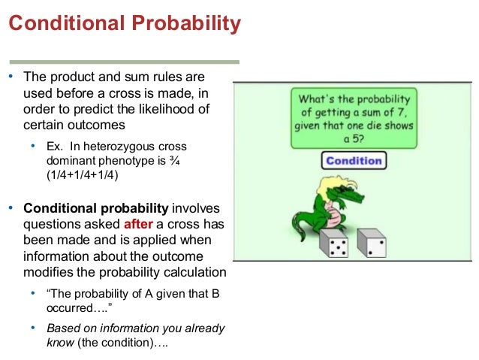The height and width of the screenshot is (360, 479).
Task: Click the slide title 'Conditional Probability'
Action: coord(125,24)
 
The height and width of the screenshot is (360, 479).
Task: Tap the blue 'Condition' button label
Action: coord(353,160)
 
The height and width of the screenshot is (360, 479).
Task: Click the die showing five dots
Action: coord(333,246)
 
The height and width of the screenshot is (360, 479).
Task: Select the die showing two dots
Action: coord(372,245)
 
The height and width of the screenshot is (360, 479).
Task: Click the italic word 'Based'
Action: coord(62,328)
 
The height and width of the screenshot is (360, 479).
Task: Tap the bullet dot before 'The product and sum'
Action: coord(11,77)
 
